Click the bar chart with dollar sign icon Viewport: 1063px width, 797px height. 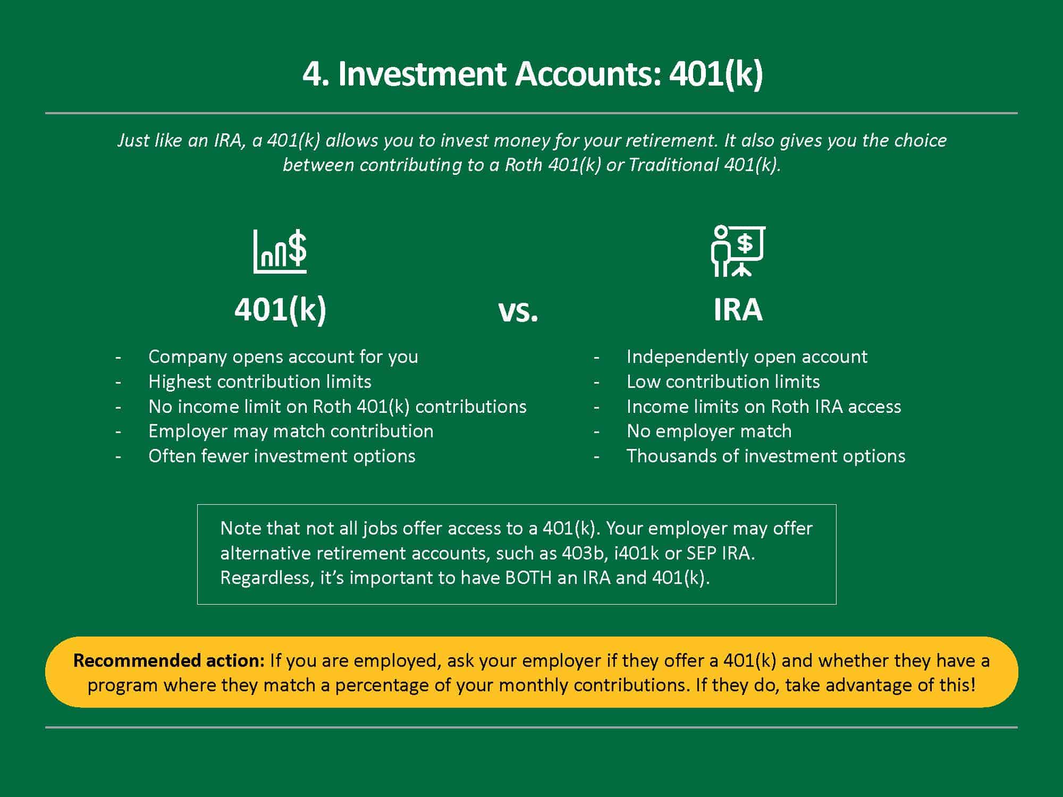tap(280, 251)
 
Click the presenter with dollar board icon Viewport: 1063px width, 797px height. tap(738, 251)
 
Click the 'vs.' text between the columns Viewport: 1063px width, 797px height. tap(518, 312)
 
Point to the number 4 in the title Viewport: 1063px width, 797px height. tap(313, 74)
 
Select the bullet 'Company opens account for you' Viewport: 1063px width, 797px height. tap(283, 357)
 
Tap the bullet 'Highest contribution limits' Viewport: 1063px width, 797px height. tap(260, 381)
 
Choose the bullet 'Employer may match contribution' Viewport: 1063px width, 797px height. tap(291, 431)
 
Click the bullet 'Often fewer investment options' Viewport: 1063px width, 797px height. tap(282, 456)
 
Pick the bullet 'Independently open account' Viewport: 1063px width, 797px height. tap(747, 357)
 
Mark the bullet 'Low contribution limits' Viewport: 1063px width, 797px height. tap(723, 381)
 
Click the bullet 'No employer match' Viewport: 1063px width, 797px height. tap(709, 431)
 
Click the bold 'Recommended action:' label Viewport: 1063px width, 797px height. tap(169, 660)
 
